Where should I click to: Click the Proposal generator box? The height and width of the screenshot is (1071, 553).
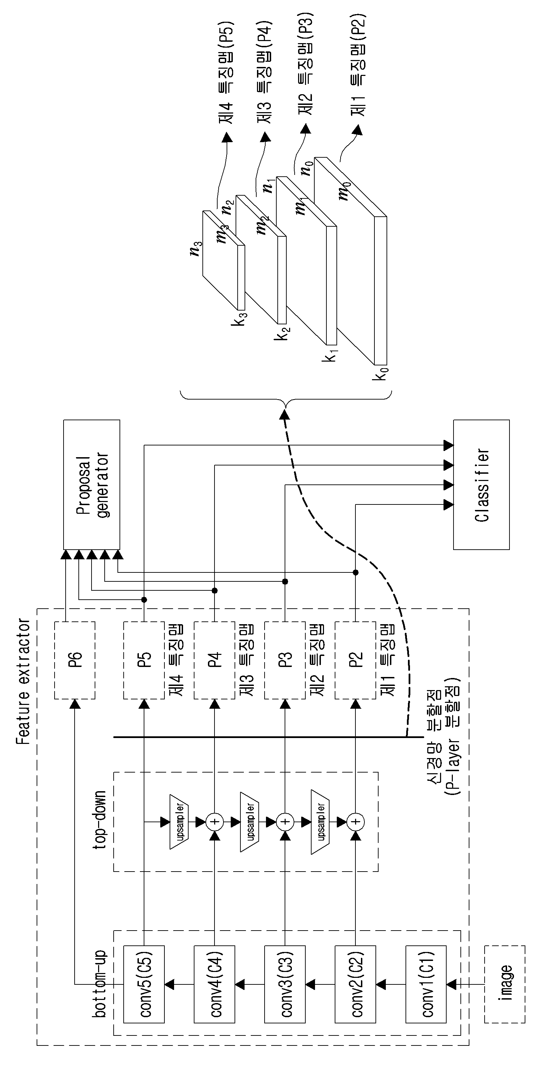point(92,484)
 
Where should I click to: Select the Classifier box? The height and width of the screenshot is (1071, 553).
point(482,484)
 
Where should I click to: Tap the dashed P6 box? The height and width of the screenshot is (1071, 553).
point(75,660)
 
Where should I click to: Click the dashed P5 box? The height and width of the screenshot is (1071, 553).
point(144,660)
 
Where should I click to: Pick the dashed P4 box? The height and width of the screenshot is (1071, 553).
point(215,660)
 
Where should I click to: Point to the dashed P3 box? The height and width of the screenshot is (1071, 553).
point(285,660)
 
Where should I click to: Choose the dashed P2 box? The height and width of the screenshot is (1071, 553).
point(355,660)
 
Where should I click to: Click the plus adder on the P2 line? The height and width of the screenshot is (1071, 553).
point(356,822)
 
